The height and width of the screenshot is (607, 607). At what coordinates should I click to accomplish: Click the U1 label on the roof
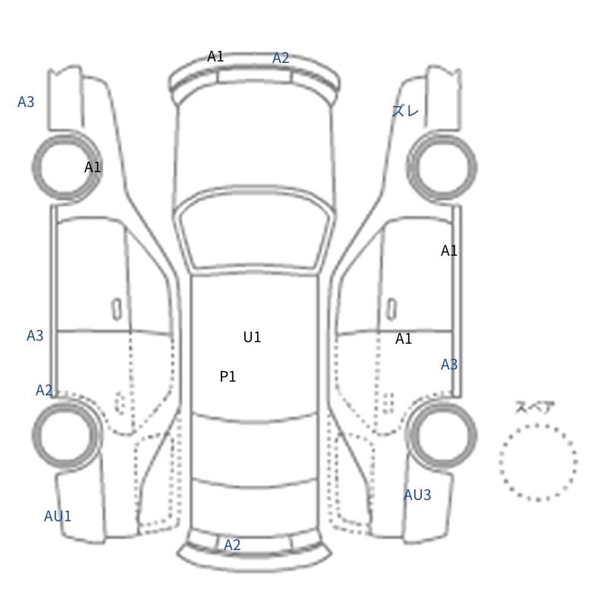coord(252,337)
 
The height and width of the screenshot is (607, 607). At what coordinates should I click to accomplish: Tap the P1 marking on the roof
coord(228,376)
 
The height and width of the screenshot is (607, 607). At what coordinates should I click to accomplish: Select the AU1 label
coord(58,516)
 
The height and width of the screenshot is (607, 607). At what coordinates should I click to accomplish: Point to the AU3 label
coord(417,495)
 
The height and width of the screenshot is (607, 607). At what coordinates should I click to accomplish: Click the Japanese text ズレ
coord(405,111)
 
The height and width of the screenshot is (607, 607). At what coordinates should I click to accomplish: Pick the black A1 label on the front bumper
coord(215,56)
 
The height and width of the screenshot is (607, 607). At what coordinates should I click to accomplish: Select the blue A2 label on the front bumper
coord(281,58)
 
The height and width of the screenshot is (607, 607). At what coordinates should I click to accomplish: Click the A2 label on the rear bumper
coord(232,545)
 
